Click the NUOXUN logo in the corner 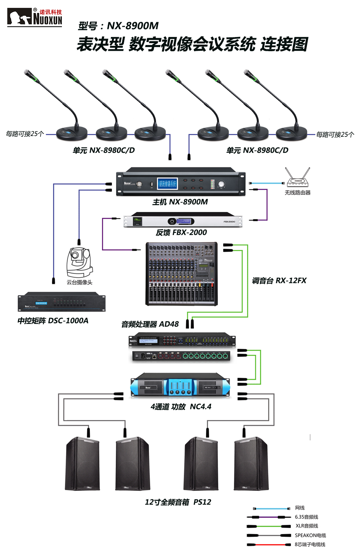34,17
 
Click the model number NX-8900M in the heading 132,26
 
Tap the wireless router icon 298,178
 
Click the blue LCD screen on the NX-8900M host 167,183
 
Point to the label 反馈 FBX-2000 181,232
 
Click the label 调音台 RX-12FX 279,281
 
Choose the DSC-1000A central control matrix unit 62,303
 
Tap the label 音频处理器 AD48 150,324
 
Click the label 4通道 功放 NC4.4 181,407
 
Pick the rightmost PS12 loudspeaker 251,464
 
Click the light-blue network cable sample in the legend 272,508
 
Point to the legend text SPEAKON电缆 310,535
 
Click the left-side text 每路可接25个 25,134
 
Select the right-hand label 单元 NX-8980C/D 257,150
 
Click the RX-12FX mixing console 182,274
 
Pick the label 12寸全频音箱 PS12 178,502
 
